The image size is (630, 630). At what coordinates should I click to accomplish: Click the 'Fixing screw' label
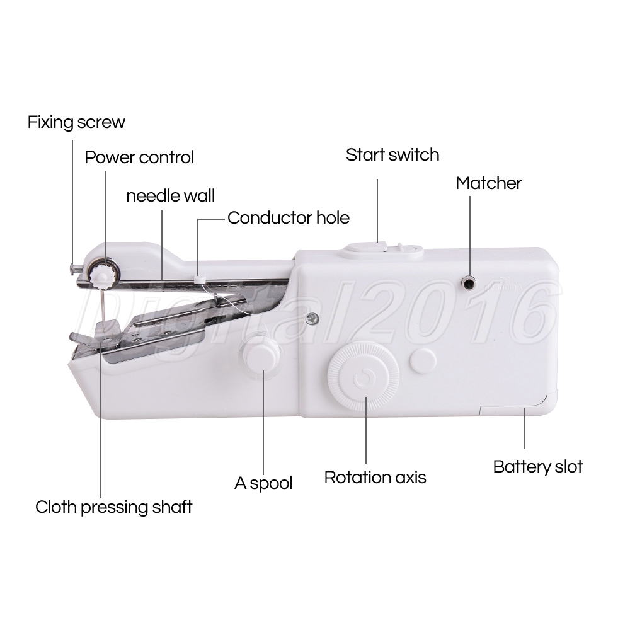click(x=76, y=122)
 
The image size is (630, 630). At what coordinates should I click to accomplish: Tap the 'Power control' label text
click(x=139, y=157)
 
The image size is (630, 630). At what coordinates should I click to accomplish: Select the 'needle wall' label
click(x=170, y=196)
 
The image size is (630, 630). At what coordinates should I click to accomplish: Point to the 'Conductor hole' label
click(x=289, y=218)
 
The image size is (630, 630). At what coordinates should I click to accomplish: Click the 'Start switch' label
click(x=392, y=155)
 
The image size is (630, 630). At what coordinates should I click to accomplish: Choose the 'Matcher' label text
click(x=489, y=183)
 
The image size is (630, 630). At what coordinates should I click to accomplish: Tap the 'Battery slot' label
click(x=537, y=466)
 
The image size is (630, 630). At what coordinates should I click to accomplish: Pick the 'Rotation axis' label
click(x=375, y=478)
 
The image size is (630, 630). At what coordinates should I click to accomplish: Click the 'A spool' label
click(x=263, y=483)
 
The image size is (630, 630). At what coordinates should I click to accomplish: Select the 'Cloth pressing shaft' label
click(x=113, y=507)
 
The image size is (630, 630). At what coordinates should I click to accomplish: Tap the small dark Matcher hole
click(x=468, y=283)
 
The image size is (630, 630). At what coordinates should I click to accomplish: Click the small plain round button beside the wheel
click(x=423, y=360)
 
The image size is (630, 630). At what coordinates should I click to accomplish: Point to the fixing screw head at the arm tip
click(x=72, y=268)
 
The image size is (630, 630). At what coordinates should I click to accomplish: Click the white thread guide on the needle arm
click(x=199, y=278)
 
